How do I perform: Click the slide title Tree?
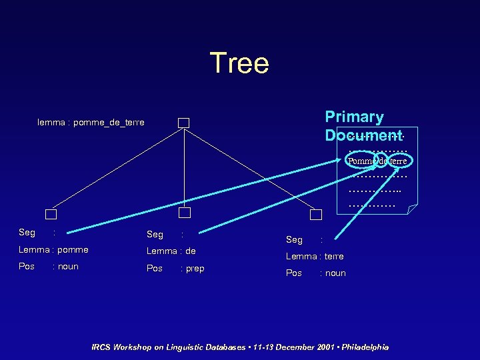(x=239, y=63)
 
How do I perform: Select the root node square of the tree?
(x=183, y=123)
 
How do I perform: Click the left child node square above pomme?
(x=51, y=214)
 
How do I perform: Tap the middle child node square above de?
(x=185, y=213)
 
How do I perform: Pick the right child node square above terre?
(x=316, y=214)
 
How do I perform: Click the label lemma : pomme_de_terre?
(x=91, y=123)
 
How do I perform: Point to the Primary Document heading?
(x=363, y=126)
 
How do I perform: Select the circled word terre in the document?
(x=398, y=161)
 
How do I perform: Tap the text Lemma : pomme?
(x=53, y=250)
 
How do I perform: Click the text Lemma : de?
(x=171, y=251)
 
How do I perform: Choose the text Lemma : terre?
(x=315, y=257)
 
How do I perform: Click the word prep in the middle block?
(x=195, y=269)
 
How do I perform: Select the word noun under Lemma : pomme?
(x=68, y=267)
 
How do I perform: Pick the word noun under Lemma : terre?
(x=335, y=273)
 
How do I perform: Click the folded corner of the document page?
(x=412, y=209)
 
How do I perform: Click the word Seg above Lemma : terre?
(x=294, y=240)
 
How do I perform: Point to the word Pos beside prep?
(x=154, y=269)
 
